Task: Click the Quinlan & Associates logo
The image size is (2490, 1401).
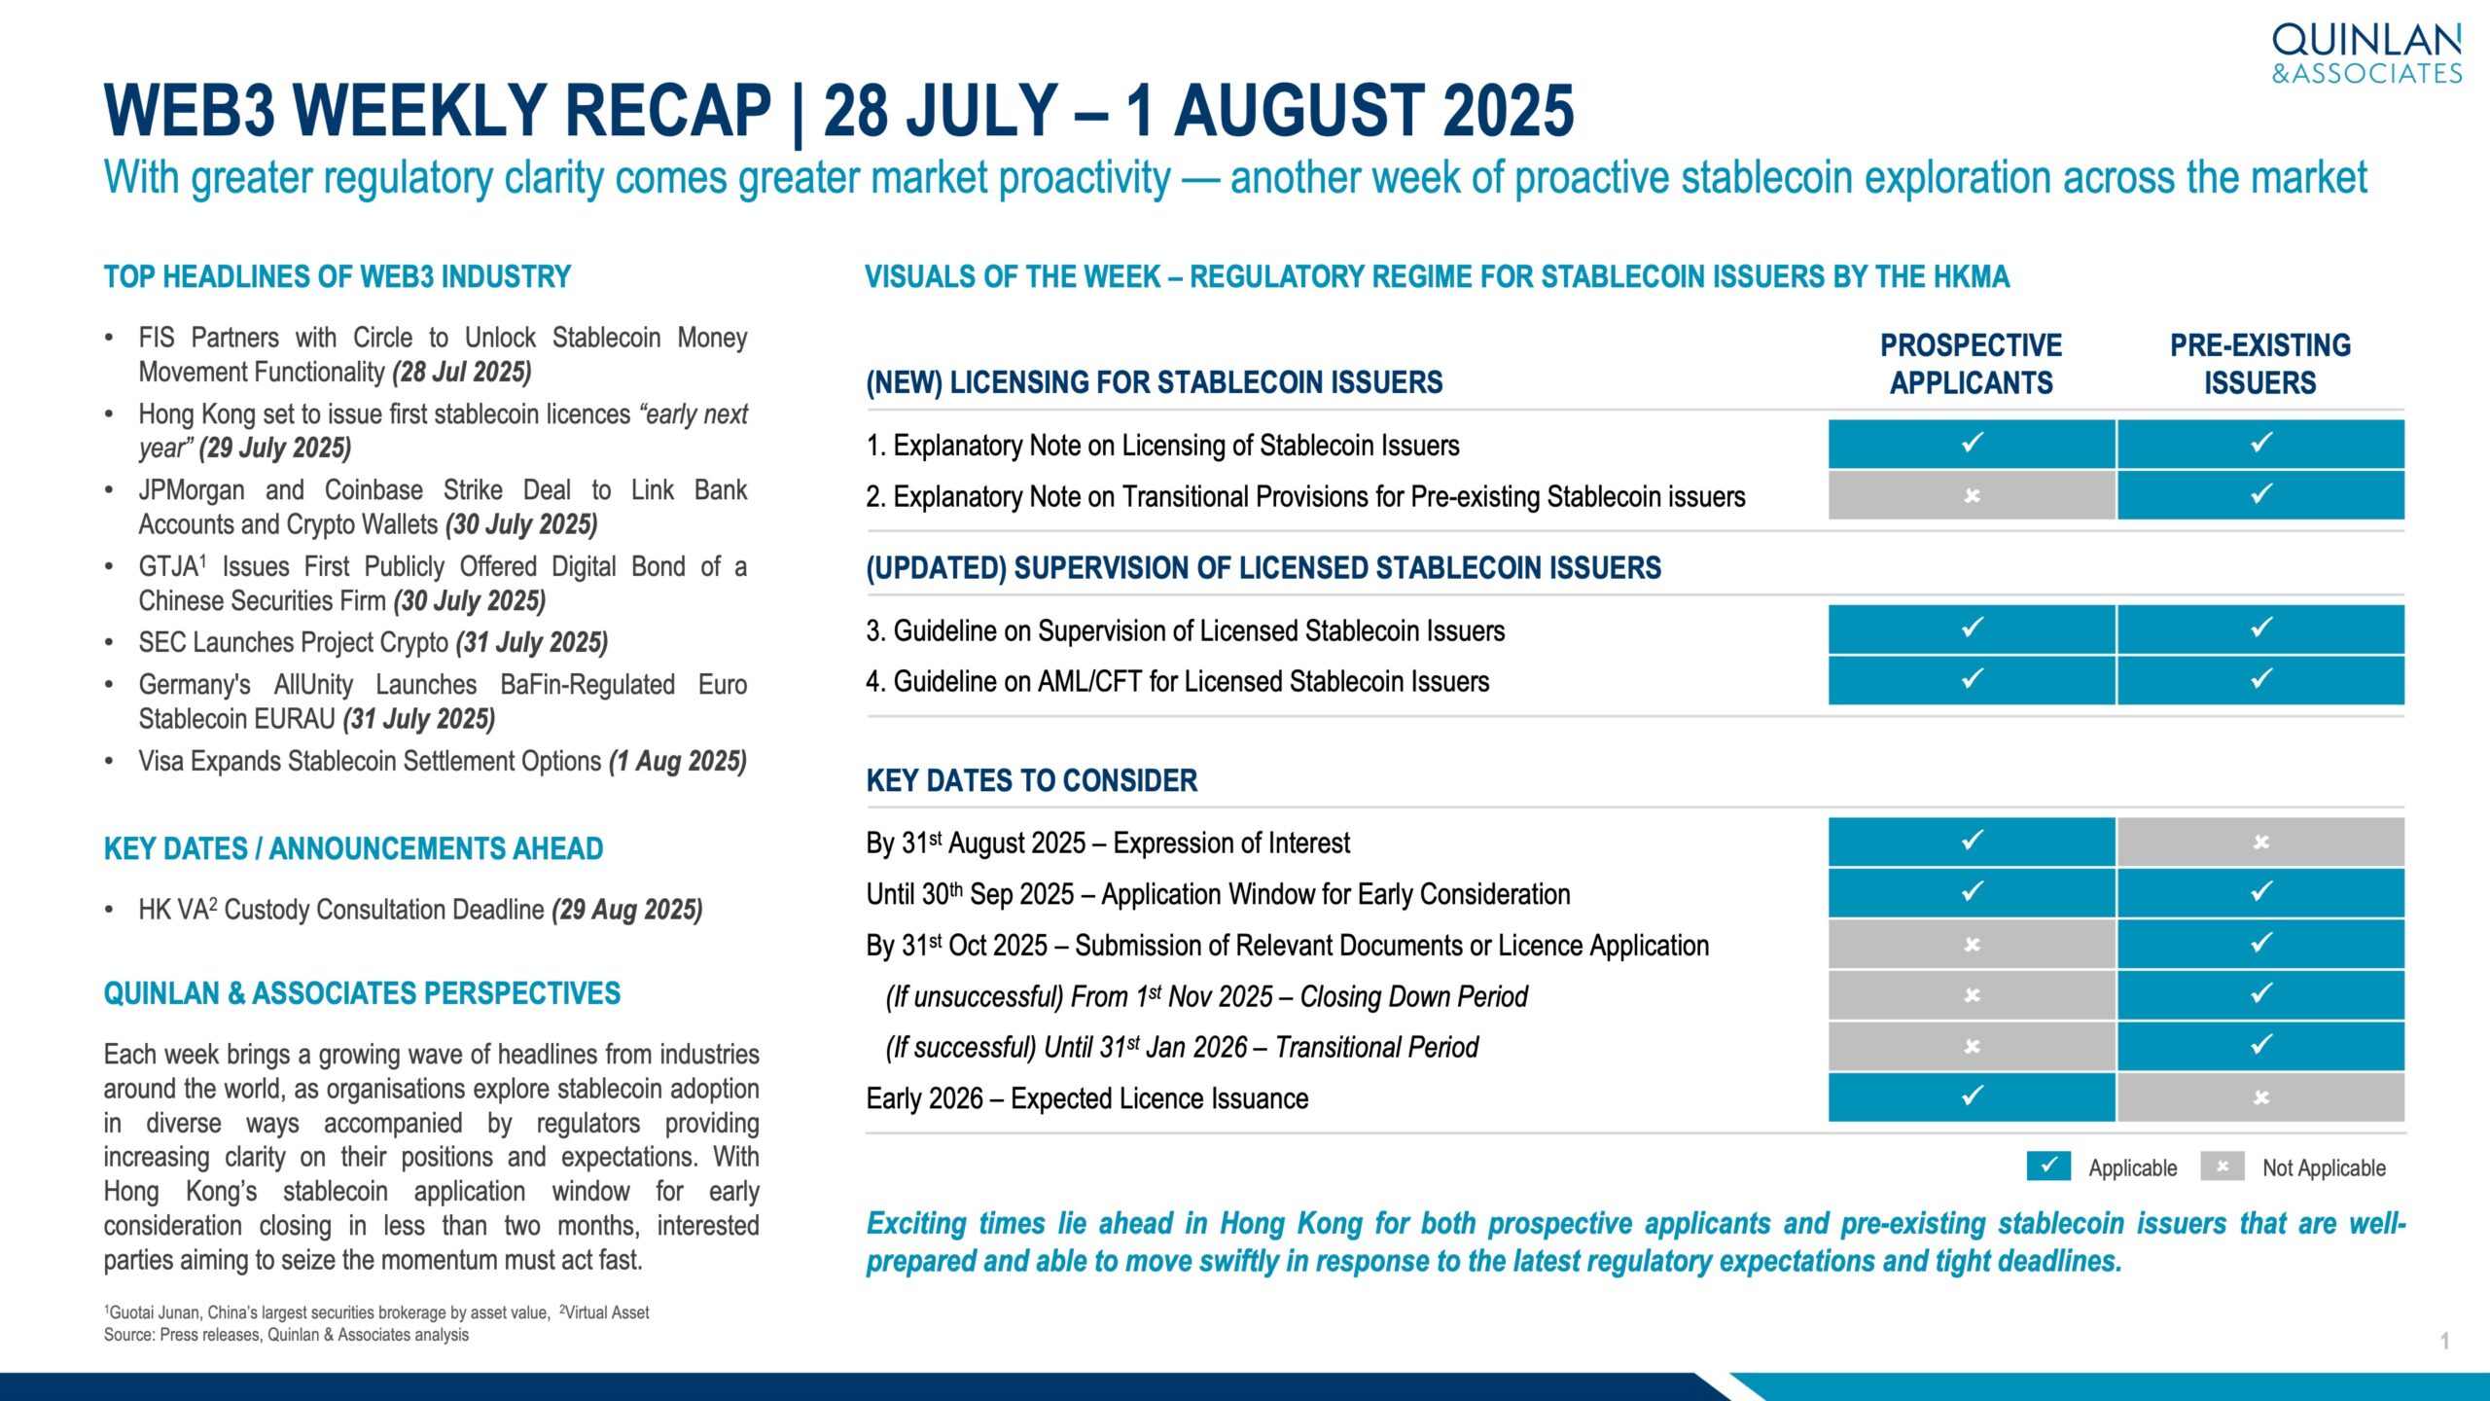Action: click(2366, 54)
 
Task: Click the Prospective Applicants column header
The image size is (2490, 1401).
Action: click(1972, 364)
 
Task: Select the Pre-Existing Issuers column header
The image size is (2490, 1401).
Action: click(2260, 364)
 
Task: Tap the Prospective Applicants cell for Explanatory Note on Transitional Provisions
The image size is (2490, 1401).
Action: click(1972, 495)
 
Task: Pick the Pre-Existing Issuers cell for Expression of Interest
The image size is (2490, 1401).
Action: click(2260, 842)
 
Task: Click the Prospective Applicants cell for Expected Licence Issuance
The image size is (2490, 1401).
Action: click(1972, 1096)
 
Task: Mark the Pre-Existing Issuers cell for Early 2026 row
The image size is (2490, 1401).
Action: click(2260, 1096)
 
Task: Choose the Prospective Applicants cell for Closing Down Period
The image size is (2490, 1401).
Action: click(1972, 994)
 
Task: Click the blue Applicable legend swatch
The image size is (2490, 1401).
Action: click(2048, 1166)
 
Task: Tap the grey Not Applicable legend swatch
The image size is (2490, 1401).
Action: click(2223, 1166)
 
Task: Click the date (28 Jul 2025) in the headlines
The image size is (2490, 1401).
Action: click(462, 372)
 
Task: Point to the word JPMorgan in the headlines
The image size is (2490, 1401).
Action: click(192, 490)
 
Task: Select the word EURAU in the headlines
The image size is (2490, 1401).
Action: click(291, 719)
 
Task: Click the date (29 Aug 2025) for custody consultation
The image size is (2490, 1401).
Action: click(627, 910)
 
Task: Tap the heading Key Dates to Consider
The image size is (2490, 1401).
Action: click(1032, 780)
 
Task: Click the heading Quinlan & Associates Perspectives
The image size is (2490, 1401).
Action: click(362, 993)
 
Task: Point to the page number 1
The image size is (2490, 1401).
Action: click(2444, 1341)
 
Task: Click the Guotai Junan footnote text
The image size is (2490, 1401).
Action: click(327, 1312)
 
